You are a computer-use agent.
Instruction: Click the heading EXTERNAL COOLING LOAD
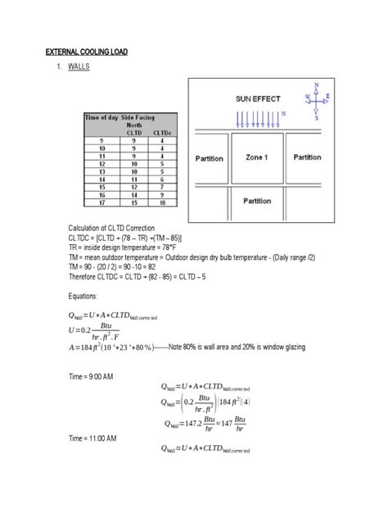(87, 52)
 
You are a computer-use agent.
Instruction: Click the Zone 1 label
(256, 157)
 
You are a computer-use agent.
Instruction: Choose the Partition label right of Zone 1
(308, 157)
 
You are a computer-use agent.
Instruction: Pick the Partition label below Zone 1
(258, 200)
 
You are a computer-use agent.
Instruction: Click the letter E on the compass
(327, 95)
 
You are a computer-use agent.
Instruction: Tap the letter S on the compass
(316, 116)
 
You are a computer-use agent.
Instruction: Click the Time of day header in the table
(103, 117)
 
